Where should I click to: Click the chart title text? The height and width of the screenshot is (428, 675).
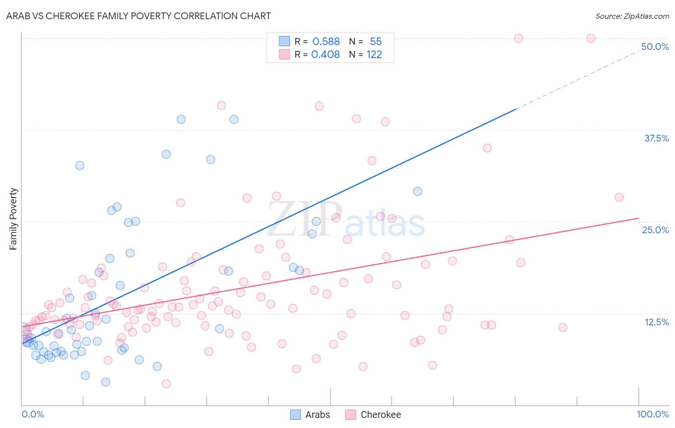(x=139, y=16)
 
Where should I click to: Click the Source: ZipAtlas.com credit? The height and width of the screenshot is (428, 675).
(x=632, y=16)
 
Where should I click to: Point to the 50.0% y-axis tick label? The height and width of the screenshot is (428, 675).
(x=655, y=47)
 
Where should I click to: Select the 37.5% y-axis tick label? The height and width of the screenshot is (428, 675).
(x=656, y=138)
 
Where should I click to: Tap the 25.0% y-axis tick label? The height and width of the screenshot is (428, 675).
(x=655, y=230)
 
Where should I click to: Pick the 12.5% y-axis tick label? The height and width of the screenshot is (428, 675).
(x=656, y=322)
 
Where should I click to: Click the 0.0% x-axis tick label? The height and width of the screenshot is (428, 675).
(x=33, y=414)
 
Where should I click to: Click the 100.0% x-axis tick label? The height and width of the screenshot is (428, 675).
(x=652, y=414)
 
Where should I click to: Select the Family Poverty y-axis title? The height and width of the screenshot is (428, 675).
(x=13, y=219)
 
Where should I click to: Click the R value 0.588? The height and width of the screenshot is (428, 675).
(x=326, y=41)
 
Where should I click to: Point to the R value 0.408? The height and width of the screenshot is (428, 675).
(x=325, y=54)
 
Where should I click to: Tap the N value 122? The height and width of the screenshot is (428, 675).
(x=374, y=54)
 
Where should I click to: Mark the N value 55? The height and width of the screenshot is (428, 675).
(x=376, y=41)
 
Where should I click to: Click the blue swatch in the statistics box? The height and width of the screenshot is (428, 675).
(x=285, y=41)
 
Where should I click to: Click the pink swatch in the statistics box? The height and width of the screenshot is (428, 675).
(x=285, y=54)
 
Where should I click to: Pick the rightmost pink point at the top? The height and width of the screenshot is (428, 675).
(x=591, y=38)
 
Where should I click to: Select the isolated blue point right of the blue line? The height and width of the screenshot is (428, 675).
(x=418, y=191)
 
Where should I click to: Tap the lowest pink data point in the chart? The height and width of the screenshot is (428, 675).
(x=166, y=384)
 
